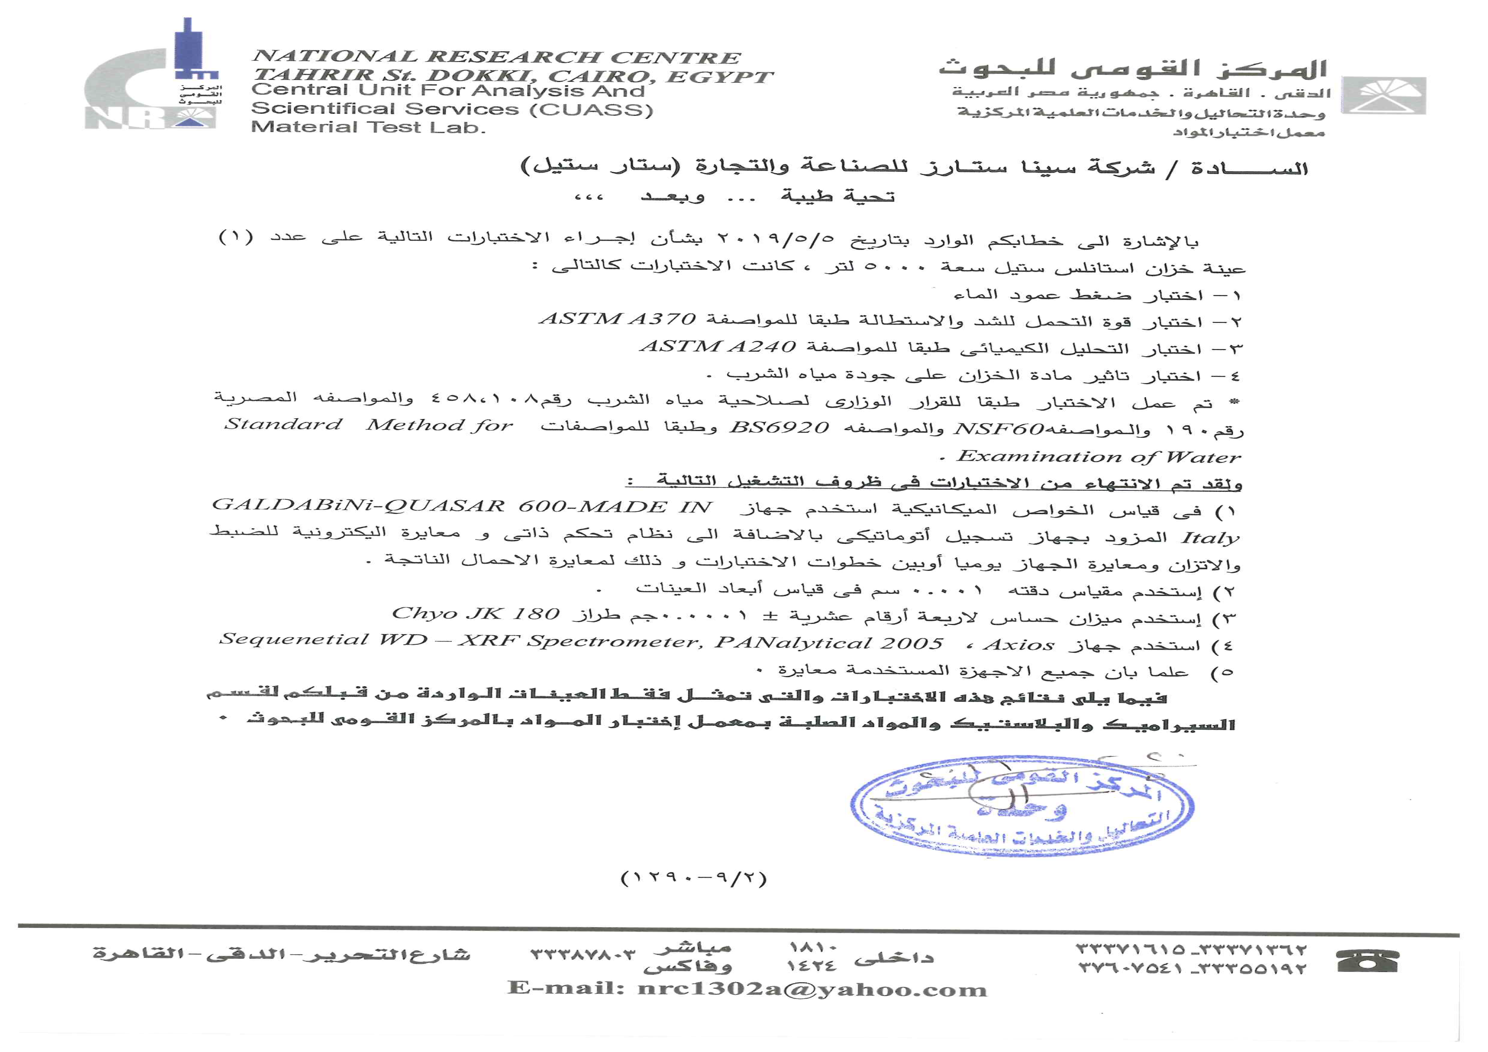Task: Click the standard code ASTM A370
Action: click(618, 319)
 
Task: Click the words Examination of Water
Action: click(1098, 457)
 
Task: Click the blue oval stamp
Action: click(1022, 805)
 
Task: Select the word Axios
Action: click(1019, 644)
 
